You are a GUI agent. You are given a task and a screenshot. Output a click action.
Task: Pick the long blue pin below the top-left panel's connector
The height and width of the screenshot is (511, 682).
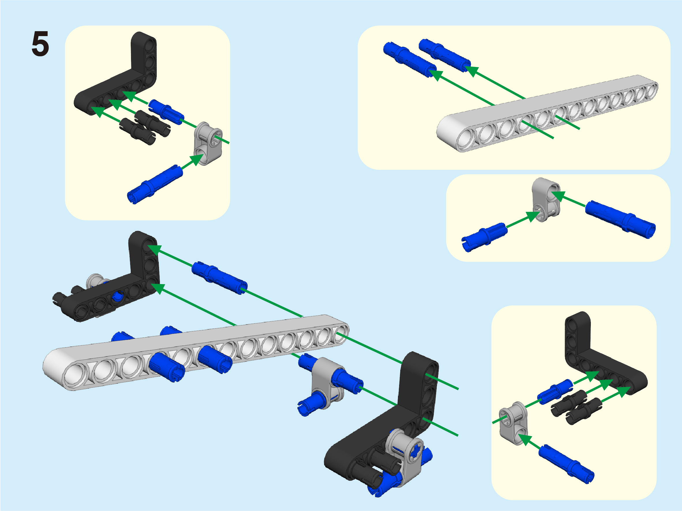pyautogui.click(x=155, y=184)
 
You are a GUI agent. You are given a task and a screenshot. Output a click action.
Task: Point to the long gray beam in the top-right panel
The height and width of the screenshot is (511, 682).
pyautogui.click(x=547, y=113)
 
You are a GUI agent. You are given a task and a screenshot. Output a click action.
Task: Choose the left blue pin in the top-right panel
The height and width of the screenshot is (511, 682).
pyautogui.click(x=410, y=59)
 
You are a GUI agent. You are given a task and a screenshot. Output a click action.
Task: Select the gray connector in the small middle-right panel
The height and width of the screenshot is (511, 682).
pyautogui.click(x=546, y=199)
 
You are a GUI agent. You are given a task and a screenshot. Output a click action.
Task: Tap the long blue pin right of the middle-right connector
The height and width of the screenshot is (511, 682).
pyautogui.click(x=620, y=219)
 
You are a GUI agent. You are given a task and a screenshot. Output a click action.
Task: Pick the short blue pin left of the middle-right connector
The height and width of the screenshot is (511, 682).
pyautogui.click(x=484, y=237)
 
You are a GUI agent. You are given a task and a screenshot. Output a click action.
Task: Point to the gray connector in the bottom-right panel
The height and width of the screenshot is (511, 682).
pyautogui.click(x=513, y=423)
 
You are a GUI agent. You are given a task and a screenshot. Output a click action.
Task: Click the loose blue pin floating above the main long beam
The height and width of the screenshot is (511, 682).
pyautogui.click(x=219, y=277)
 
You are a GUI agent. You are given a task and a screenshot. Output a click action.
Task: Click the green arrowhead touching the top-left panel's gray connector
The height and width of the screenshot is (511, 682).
pyautogui.click(x=197, y=159)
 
